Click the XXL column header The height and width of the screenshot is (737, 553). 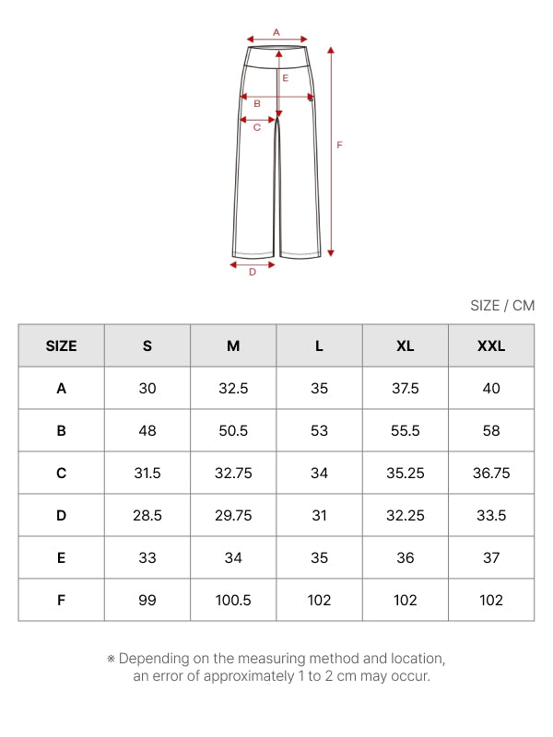(491, 346)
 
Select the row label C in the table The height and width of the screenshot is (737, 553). (61, 473)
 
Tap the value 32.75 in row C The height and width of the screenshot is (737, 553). (233, 473)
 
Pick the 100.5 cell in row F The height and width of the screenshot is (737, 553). (233, 600)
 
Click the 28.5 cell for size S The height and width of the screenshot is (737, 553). (147, 515)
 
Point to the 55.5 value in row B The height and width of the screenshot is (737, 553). (405, 430)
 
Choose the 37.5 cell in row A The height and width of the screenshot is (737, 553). (405, 388)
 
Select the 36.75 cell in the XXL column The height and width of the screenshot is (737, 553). (491, 473)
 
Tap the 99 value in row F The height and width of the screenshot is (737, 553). (147, 600)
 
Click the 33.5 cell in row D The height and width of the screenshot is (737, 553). (491, 515)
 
